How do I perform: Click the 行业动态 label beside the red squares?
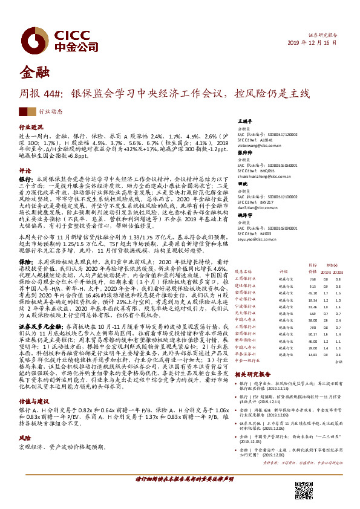[51, 112]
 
